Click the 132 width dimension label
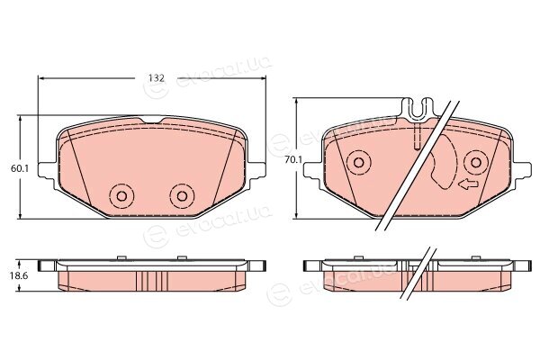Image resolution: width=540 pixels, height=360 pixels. click(x=157, y=78)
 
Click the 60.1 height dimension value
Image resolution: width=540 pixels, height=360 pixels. click(x=21, y=168)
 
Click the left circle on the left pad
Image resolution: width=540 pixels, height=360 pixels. click(x=121, y=196)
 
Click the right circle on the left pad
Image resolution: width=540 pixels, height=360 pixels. click(x=182, y=196)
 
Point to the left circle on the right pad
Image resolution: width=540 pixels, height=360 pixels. click(x=358, y=162)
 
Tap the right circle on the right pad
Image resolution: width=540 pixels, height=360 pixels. click(x=476, y=162)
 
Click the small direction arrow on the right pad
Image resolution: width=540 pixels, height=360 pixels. click(x=468, y=185)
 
